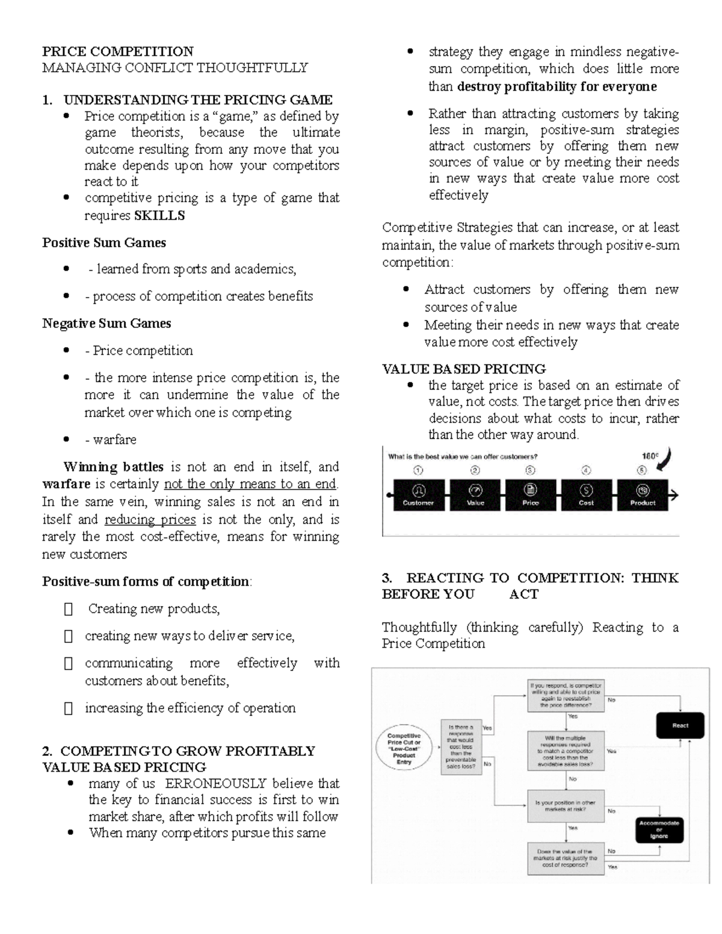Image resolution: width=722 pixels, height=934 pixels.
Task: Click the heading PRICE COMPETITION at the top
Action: point(117,51)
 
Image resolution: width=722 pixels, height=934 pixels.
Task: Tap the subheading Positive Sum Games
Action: point(103,242)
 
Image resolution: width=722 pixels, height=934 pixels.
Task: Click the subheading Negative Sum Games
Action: point(106,323)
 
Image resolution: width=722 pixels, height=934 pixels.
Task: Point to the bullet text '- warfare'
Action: point(111,440)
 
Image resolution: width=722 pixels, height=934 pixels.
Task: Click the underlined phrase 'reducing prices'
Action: point(150,519)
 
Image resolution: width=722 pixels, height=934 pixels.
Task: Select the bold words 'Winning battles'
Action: point(113,467)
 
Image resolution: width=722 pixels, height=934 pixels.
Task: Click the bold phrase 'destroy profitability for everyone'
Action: point(557,86)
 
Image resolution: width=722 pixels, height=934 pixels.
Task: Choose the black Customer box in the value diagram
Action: point(419,495)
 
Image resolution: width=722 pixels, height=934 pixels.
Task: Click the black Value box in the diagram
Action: point(475,495)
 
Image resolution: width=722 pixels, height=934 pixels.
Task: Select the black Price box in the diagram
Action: point(531,495)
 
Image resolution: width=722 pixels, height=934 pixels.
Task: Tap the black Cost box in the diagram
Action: point(586,495)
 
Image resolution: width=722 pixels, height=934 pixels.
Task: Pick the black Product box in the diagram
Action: point(643,495)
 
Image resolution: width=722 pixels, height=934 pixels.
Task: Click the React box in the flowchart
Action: point(680,725)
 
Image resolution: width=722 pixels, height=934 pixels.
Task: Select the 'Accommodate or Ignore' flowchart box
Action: point(659,829)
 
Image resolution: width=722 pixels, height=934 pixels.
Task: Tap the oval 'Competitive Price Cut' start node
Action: point(404,749)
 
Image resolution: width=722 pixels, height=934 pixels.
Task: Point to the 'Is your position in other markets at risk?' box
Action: point(565,806)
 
